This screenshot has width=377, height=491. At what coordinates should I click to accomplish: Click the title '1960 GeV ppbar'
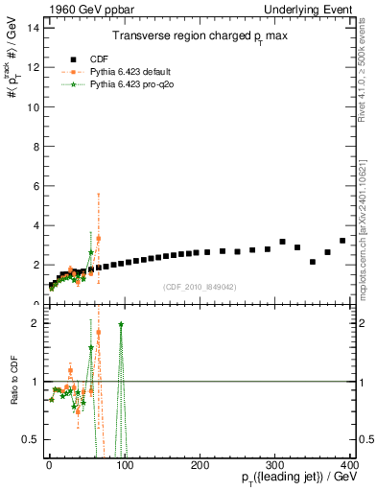point(80,9)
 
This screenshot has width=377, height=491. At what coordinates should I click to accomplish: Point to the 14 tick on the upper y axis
point(32,28)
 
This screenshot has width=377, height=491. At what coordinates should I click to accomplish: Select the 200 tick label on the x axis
point(200,464)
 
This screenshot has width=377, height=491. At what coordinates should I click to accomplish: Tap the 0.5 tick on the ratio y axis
point(30,439)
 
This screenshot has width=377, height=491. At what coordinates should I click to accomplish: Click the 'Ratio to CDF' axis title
point(12,382)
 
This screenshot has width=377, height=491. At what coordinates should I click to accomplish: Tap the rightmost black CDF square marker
point(342,241)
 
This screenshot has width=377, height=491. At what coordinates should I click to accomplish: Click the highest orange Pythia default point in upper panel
point(98,238)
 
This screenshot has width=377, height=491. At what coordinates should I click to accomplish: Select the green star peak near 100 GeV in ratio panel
point(121,324)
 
